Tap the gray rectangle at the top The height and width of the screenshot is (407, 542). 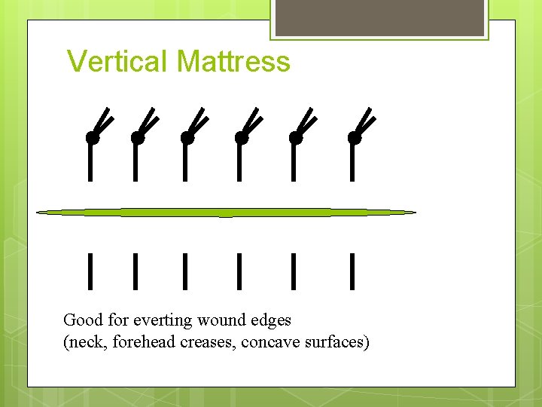[379, 17]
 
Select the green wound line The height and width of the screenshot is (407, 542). [226, 213]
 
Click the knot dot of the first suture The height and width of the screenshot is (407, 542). [92, 138]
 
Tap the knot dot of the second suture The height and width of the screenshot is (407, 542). [137, 138]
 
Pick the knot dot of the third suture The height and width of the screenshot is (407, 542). [187, 138]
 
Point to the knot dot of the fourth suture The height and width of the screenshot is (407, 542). [241, 138]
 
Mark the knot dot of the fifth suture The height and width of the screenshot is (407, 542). [295, 138]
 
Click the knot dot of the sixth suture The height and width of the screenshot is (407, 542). [354, 138]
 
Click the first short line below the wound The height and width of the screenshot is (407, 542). [90, 271]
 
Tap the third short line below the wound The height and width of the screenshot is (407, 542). [185, 271]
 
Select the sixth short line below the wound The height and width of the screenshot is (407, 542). [352, 271]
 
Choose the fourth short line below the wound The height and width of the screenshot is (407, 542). [239, 271]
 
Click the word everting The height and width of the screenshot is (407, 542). [163, 321]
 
